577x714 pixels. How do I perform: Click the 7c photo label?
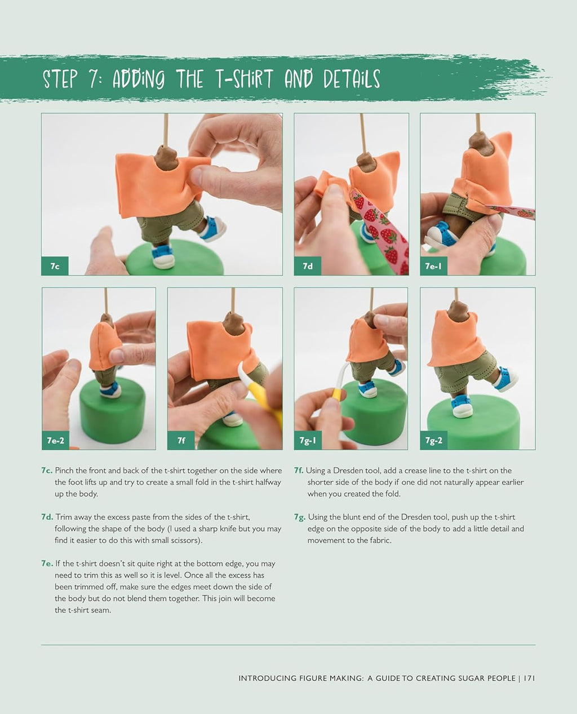[x=55, y=266]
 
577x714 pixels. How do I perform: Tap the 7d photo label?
[x=308, y=266]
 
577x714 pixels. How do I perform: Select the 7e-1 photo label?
[x=433, y=266]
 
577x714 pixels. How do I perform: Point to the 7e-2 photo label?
[x=56, y=440]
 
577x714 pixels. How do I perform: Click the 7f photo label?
[x=181, y=440]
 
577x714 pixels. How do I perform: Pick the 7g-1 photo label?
[x=308, y=440]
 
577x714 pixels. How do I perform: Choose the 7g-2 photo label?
[x=433, y=440]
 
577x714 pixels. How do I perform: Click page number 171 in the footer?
[x=529, y=678]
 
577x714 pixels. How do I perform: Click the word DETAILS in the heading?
[x=352, y=79]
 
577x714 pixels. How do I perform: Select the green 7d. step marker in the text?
[x=47, y=517]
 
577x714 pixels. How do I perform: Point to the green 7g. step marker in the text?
[x=300, y=517]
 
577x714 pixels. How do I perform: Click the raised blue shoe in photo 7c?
[x=214, y=228]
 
